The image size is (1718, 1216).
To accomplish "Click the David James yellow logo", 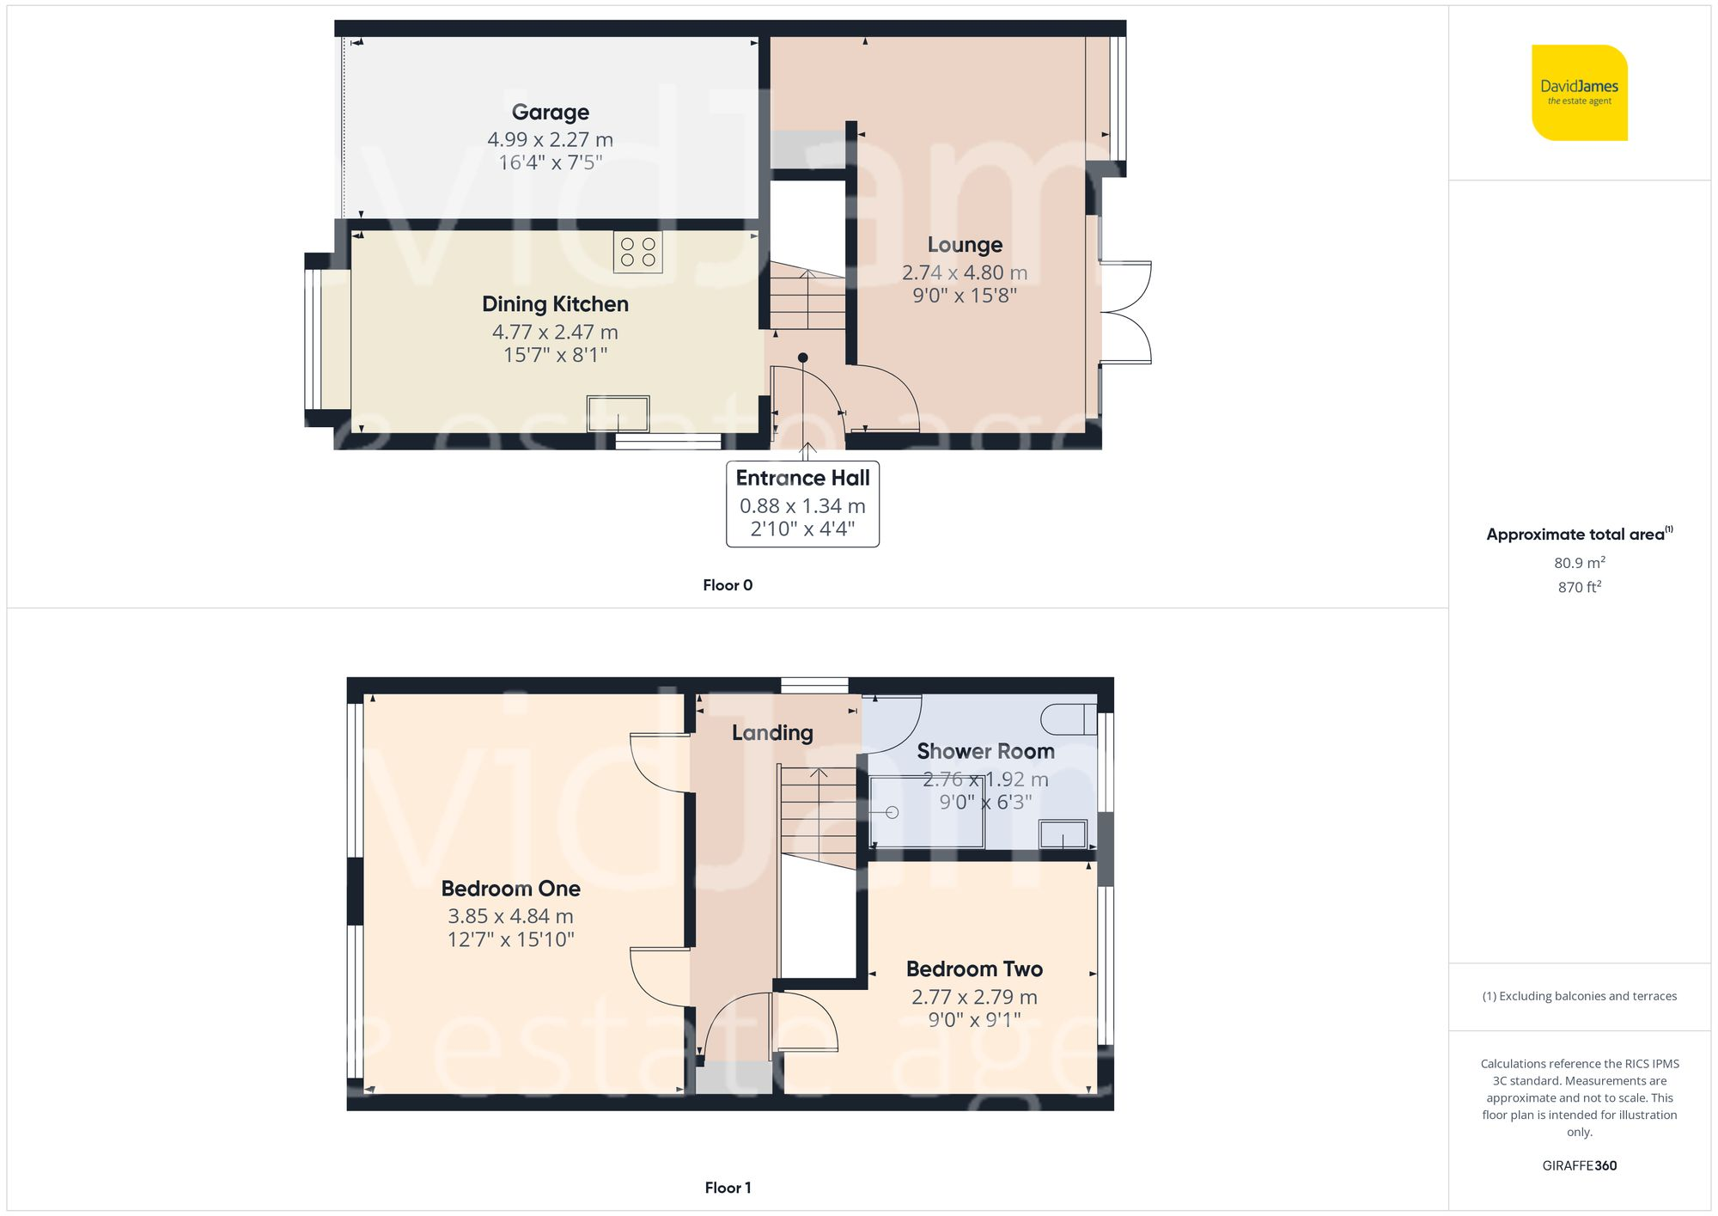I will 1579,93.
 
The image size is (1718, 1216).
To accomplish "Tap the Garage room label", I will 550,113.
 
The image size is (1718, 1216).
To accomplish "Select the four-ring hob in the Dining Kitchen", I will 637,252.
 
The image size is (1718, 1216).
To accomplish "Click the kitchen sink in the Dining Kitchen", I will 618,413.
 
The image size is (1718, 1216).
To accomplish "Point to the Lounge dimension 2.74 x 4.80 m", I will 964,272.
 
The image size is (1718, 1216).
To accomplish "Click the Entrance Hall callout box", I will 802,504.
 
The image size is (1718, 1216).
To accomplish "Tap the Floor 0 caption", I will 727,585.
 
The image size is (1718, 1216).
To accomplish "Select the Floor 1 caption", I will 727,1188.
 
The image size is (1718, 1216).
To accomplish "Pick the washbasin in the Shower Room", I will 1063,834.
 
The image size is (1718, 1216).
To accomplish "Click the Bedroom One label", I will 510,889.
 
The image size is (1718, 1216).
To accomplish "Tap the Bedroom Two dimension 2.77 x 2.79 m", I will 974,997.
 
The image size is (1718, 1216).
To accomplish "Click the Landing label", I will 772,733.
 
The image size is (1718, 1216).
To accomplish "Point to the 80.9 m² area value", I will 1579,563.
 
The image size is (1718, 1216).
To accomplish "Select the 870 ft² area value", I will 1579,587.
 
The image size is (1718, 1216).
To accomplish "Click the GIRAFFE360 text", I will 1579,1166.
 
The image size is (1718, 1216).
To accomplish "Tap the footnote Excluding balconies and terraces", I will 1579,996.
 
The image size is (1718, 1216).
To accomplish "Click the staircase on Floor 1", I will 818,816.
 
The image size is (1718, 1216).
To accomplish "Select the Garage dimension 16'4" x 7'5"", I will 550,162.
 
